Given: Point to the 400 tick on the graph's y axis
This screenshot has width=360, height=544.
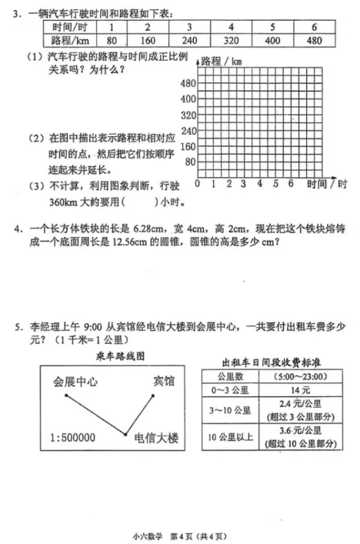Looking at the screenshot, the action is tap(188, 99).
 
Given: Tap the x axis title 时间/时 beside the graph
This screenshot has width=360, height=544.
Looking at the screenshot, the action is tap(326, 184).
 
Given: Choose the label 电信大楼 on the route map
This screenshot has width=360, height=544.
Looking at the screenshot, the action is tap(156, 438).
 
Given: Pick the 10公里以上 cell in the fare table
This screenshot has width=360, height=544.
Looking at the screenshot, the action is tap(231, 437).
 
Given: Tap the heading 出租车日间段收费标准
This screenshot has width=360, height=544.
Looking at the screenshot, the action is tap(265, 360).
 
